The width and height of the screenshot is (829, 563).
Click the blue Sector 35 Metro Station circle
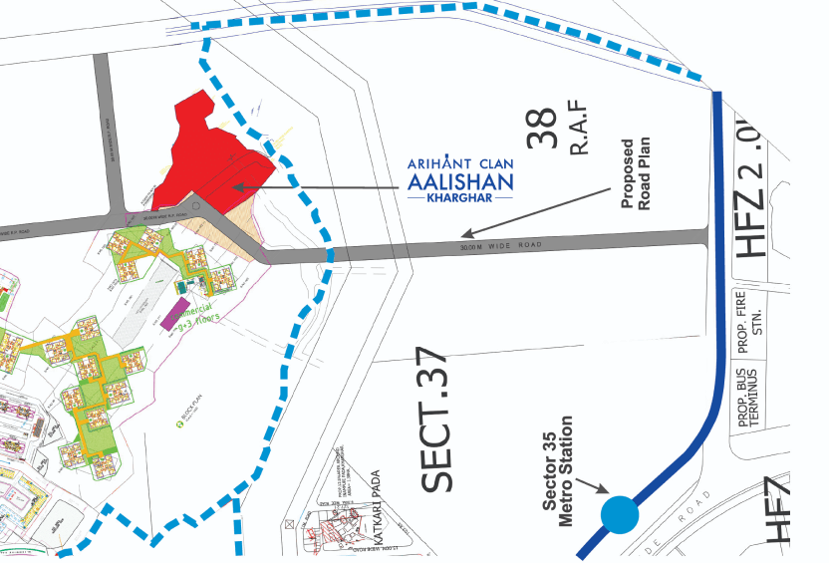coord(619,514)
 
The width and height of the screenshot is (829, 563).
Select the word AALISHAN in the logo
coord(460,181)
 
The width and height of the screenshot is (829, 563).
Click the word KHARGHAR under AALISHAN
coord(460,198)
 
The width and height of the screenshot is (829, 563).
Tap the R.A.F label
coord(580,123)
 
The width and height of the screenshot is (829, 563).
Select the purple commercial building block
coord(180,311)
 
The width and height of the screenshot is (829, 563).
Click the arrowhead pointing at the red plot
coord(236,185)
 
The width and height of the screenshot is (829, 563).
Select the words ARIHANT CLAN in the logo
coord(460,162)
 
